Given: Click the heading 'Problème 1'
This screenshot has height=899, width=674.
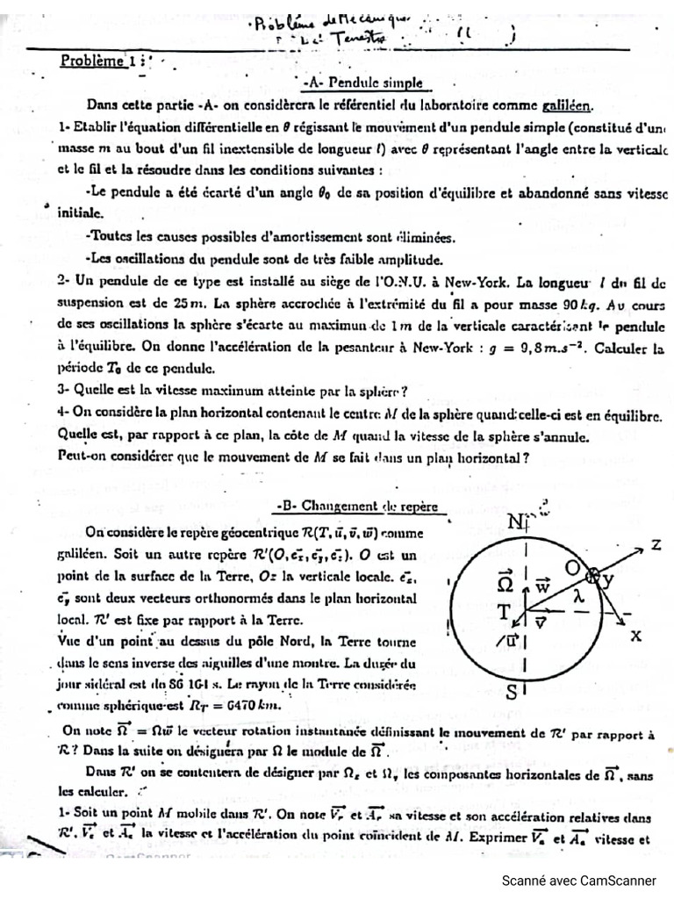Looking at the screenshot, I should tap(95, 61).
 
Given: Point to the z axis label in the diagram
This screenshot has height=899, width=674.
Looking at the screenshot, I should tap(655, 545).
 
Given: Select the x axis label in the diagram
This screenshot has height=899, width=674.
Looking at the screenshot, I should tap(635, 635).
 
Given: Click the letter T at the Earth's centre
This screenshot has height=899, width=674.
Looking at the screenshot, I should tap(505, 611).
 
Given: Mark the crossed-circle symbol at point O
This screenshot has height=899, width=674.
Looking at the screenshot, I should tap(593, 575).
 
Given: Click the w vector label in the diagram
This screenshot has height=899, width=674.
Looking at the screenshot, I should tap(543, 585).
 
